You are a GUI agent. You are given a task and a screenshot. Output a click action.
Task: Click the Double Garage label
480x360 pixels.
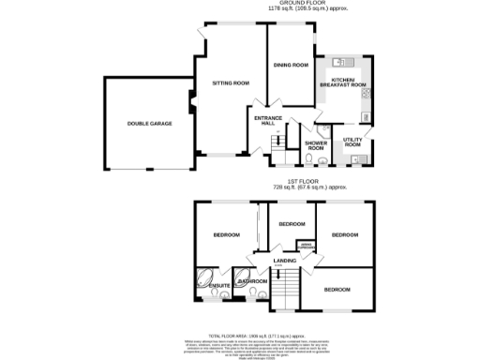(x=150, y=123)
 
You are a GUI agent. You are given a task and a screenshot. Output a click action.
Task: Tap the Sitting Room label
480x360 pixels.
(x=228, y=83)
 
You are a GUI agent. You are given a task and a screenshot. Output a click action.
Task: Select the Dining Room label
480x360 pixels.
(x=291, y=65)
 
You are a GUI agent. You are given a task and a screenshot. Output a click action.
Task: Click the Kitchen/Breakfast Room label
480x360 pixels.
(x=343, y=83)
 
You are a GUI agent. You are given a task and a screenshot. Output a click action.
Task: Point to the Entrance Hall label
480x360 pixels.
(x=266, y=121)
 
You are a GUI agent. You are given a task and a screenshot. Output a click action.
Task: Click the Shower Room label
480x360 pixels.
(x=315, y=146)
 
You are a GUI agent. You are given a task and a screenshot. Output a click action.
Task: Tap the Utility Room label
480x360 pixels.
(x=352, y=142)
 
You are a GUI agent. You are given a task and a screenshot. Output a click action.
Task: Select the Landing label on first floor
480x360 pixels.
(x=284, y=260)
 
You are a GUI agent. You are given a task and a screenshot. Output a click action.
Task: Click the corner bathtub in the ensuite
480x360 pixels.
(x=204, y=277)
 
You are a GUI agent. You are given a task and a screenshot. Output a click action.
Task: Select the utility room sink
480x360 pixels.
(x=362, y=160)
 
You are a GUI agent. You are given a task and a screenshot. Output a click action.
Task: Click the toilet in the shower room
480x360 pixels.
(x=321, y=129)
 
